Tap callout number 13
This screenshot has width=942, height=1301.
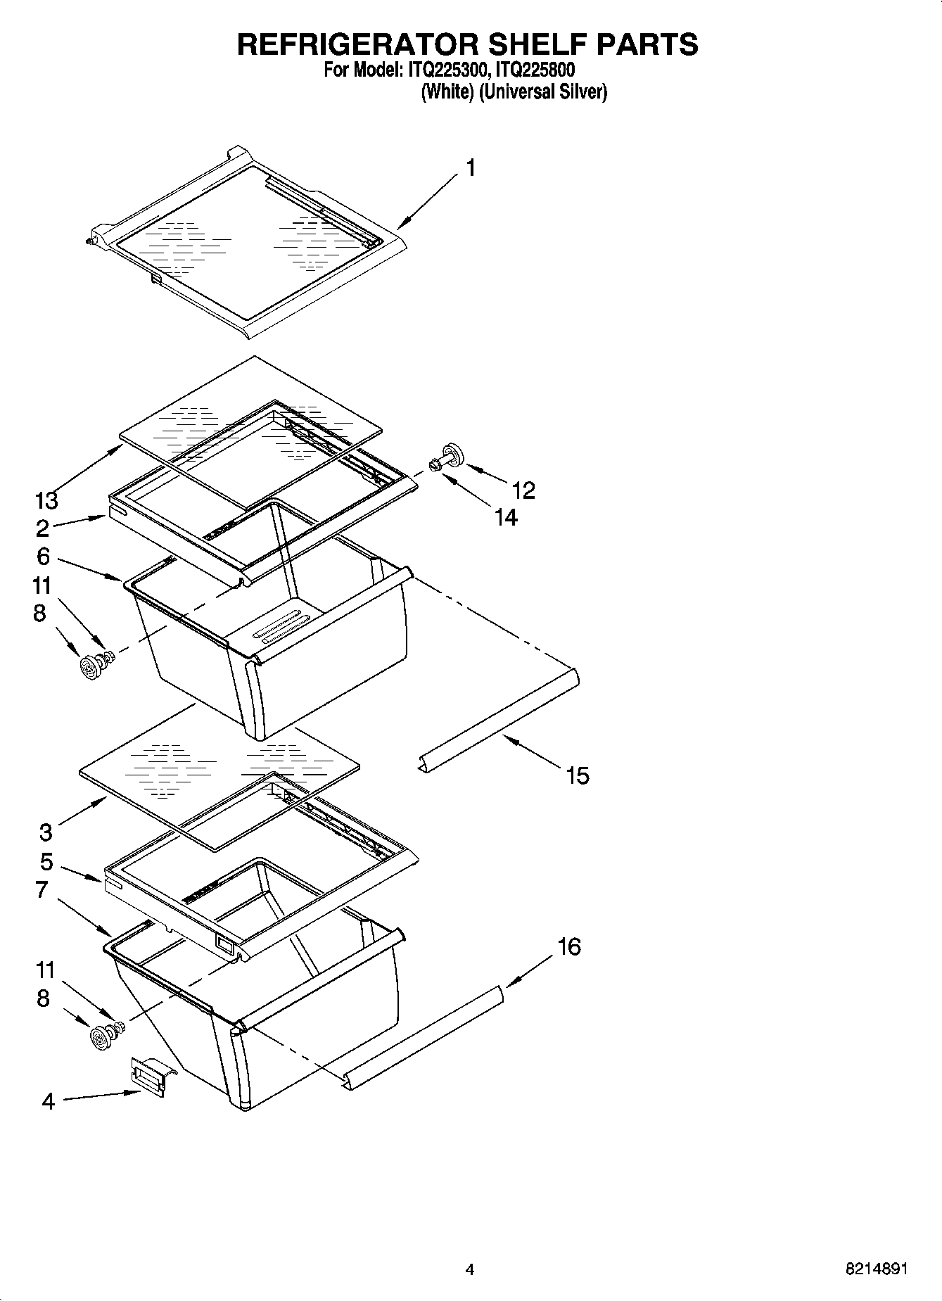(x=46, y=501)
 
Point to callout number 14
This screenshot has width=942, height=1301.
(x=506, y=518)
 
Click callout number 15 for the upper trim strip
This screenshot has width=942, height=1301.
(x=577, y=776)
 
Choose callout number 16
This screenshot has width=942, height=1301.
(x=569, y=947)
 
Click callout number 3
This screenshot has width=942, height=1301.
(x=46, y=832)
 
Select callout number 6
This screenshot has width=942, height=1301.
(x=43, y=557)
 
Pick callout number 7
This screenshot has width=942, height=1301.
(x=42, y=890)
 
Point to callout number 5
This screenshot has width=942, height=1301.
(x=46, y=862)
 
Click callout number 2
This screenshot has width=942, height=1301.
(x=43, y=528)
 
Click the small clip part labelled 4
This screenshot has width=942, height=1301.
(x=149, y=1075)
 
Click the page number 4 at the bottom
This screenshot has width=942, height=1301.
(x=470, y=1269)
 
